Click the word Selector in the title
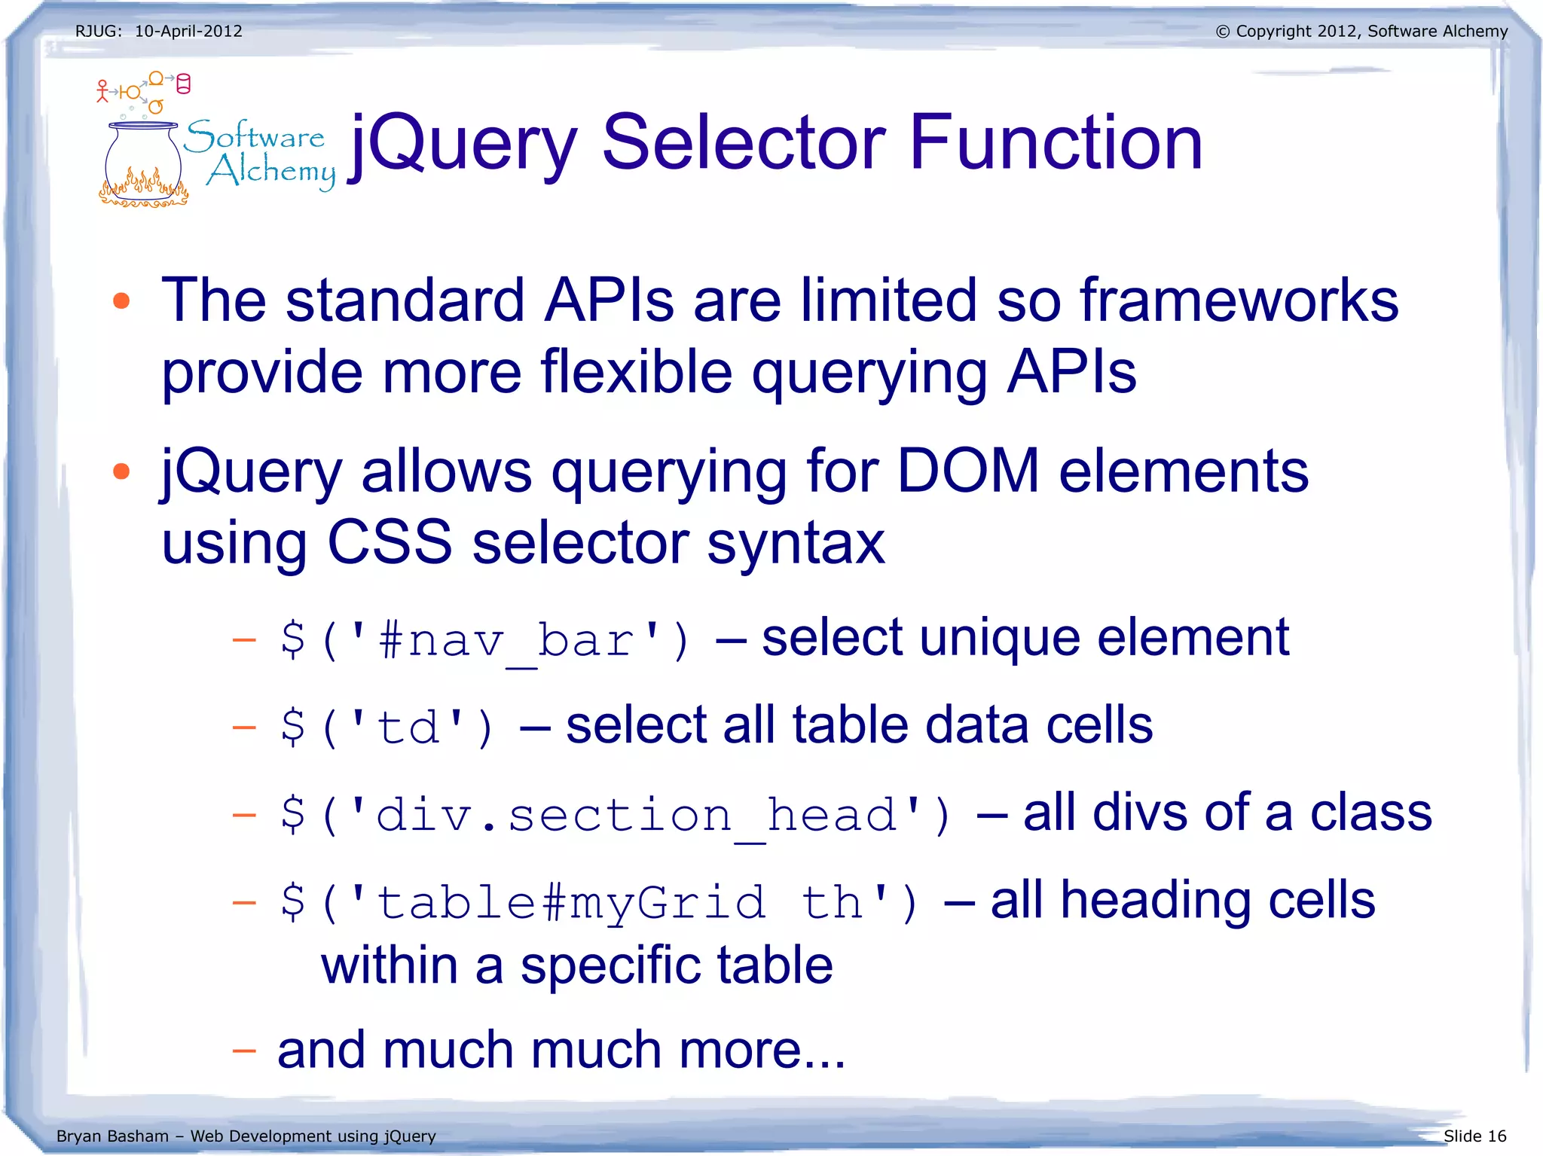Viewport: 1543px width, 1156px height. click(744, 142)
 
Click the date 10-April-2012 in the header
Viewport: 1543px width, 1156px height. click(188, 32)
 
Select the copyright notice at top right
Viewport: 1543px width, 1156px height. click(1361, 32)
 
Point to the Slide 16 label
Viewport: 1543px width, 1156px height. click(1474, 1136)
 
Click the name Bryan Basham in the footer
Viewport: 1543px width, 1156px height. click(112, 1136)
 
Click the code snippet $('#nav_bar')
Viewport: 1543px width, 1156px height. click(484, 641)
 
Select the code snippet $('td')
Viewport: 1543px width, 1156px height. click(387, 727)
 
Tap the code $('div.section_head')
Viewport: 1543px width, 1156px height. click(616, 816)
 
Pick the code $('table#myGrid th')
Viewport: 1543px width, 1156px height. click(599, 902)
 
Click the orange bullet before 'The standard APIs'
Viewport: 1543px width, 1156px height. click(121, 301)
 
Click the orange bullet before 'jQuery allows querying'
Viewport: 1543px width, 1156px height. click(121, 471)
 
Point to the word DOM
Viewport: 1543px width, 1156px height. click(968, 471)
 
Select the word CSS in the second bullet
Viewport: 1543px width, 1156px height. click(390, 542)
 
